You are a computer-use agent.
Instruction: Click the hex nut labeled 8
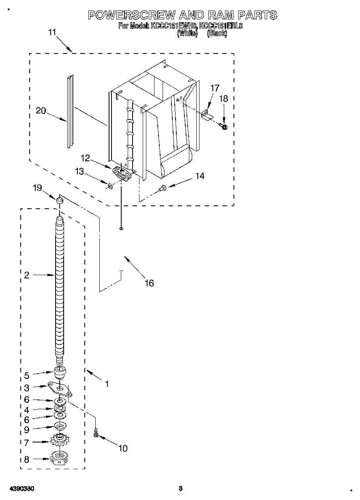point(60,459)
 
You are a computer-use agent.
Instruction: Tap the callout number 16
point(149,283)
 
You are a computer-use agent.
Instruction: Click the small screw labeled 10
point(96,433)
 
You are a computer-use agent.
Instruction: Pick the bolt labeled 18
point(224,127)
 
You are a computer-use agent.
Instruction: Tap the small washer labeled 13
point(109,186)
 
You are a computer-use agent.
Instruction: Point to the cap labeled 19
point(60,200)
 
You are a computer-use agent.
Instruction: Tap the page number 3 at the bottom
point(181,488)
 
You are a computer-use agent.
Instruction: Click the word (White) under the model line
point(187,34)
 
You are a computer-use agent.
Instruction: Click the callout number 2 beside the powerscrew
point(26,275)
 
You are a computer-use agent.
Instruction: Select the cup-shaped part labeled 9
point(60,427)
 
